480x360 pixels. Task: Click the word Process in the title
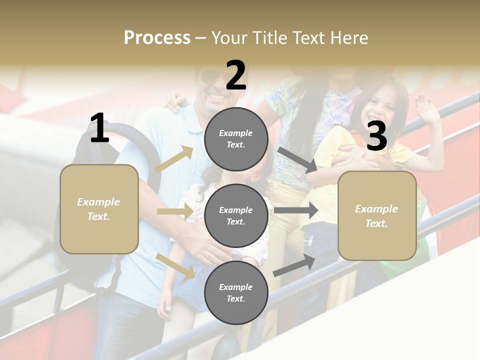point(157,38)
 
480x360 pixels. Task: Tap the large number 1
point(99,128)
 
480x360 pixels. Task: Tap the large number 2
point(236,76)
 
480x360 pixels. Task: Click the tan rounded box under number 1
point(99,209)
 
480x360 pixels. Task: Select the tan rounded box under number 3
point(377,216)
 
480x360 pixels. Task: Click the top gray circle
point(236,139)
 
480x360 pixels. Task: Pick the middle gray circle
point(236,216)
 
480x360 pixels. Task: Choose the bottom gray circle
point(236,293)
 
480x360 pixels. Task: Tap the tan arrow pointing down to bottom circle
point(175,265)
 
